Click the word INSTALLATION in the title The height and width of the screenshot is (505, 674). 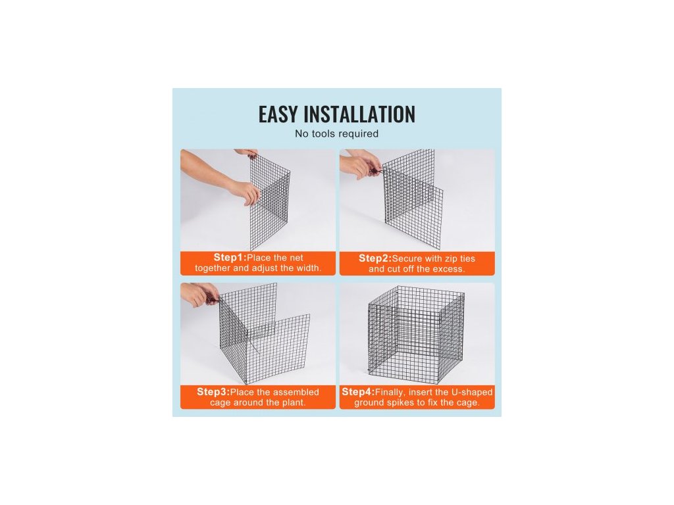(359, 114)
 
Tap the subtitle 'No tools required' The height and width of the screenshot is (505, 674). (336, 133)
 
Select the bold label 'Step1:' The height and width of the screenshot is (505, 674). (230, 257)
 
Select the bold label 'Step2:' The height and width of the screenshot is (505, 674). (375, 258)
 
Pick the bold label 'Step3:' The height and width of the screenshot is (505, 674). (214, 392)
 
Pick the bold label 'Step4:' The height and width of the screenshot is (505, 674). (359, 392)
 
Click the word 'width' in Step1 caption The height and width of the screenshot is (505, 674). (309, 268)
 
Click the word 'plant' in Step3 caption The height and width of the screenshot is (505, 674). (293, 403)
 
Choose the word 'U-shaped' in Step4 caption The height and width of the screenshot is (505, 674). (472, 392)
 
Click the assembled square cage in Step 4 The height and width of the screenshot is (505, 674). (417, 335)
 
